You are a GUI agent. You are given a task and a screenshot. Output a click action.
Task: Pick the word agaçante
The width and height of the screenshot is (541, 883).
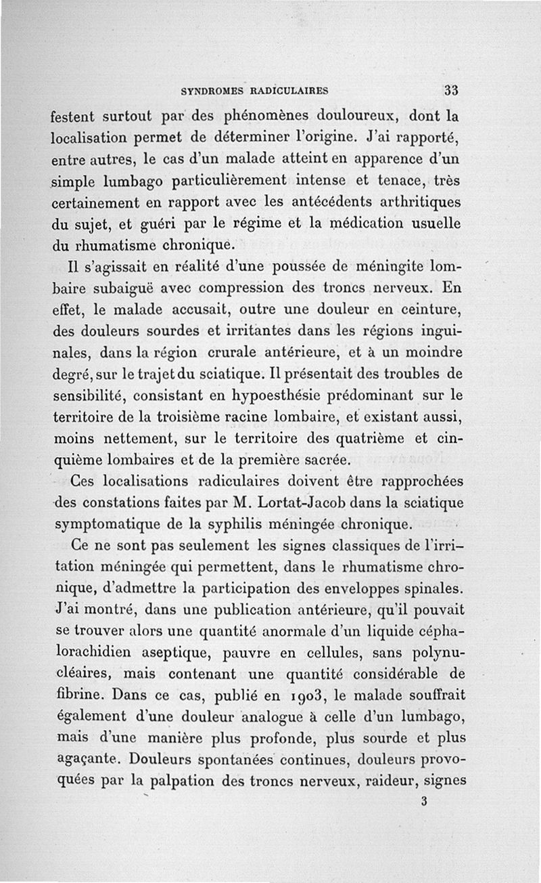(83, 760)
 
